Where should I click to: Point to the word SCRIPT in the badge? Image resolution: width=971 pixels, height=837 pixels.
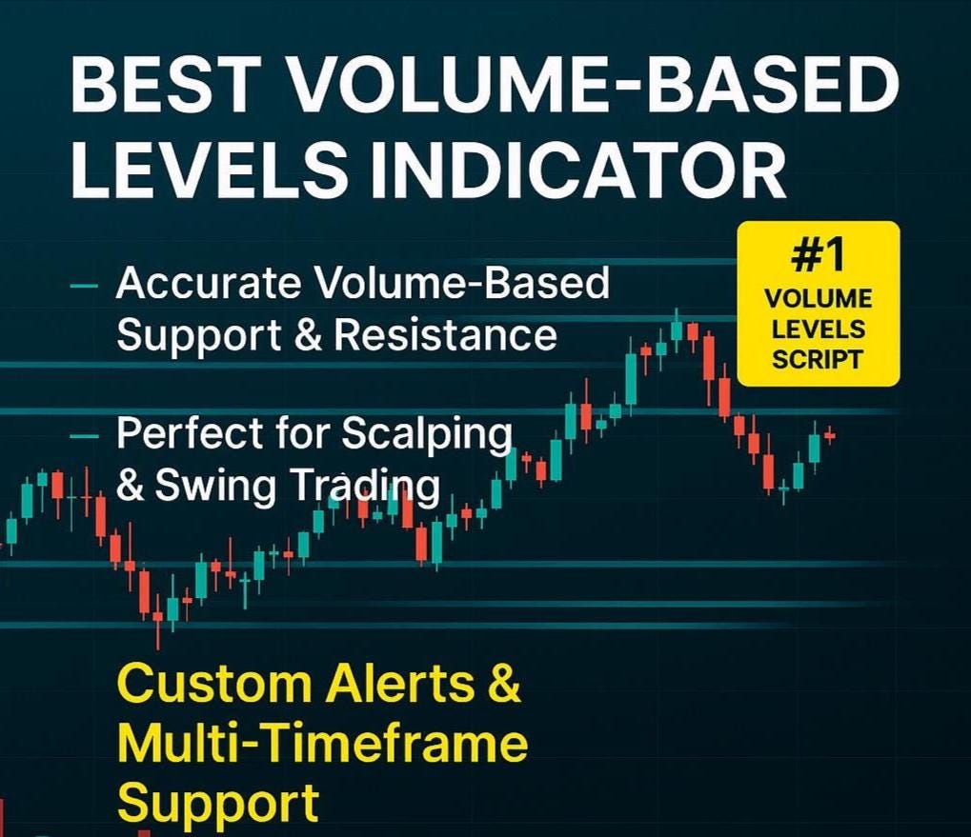click(819, 360)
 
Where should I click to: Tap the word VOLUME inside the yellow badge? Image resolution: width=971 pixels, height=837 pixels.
click(819, 299)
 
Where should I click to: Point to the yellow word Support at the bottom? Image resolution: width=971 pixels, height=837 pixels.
click(217, 803)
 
